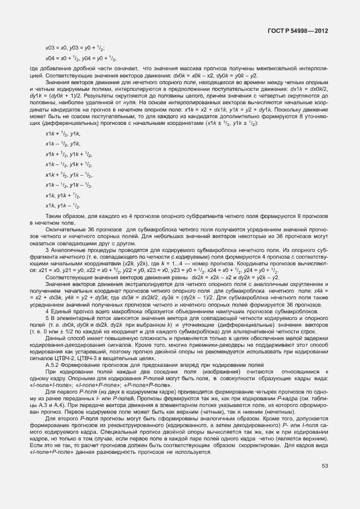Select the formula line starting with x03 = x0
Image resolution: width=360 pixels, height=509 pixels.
[75, 49]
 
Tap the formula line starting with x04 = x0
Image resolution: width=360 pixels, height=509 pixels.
[80, 59]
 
